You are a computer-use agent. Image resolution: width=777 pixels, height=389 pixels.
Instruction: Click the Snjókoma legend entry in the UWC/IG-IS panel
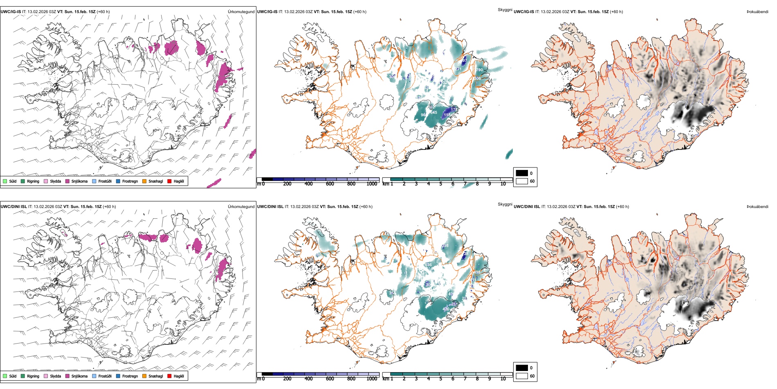point(79,181)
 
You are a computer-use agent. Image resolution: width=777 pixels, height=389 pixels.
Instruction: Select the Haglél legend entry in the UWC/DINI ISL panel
point(179,376)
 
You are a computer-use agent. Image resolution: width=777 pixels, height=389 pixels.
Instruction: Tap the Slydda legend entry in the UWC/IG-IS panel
point(56,181)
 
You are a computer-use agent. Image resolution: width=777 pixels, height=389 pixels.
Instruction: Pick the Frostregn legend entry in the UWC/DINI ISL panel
point(130,376)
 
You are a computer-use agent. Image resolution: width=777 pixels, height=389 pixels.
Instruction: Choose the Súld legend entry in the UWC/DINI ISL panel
point(13,376)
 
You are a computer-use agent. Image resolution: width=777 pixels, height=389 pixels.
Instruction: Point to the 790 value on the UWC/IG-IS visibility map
point(479,70)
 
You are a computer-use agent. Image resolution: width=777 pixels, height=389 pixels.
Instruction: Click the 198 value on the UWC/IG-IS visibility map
point(447,115)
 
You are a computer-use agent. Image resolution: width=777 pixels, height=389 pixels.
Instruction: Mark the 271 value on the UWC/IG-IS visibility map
point(458,69)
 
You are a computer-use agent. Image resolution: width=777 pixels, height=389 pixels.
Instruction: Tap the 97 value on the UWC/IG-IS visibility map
point(464,61)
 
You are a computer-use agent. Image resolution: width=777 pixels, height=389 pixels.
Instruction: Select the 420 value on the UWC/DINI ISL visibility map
point(446,309)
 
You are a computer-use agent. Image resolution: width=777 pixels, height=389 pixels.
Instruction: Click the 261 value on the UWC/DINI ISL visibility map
point(454,304)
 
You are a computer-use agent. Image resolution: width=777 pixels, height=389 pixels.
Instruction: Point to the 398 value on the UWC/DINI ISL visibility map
point(445,246)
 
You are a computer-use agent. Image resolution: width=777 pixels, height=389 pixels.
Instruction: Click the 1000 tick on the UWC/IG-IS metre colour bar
point(372,184)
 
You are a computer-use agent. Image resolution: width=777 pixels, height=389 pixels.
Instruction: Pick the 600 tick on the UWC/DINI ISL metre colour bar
point(330,379)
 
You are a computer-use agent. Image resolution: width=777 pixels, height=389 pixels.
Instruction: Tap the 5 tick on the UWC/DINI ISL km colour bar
point(440,379)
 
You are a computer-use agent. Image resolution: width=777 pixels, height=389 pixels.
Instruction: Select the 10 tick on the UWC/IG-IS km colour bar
point(503,184)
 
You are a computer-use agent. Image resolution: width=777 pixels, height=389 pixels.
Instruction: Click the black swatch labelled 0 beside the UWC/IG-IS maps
point(522,173)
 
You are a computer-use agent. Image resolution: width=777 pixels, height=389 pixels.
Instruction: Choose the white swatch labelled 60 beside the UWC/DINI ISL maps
point(522,376)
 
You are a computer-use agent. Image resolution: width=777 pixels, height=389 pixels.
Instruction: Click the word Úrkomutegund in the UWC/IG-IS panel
point(241,12)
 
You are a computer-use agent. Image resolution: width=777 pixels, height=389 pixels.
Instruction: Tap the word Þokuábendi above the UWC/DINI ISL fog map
point(757,207)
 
